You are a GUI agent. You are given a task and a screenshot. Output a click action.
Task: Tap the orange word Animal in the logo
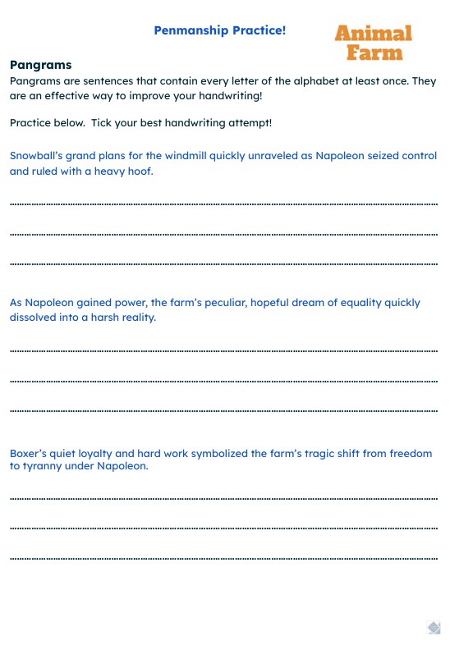tap(373, 34)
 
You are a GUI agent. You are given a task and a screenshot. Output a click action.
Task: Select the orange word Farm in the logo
tap(374, 53)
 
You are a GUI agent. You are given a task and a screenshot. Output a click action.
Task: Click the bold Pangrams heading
tap(41, 65)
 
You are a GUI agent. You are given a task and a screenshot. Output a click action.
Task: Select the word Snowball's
tap(38, 155)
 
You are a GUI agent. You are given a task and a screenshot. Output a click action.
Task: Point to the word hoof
tap(140, 172)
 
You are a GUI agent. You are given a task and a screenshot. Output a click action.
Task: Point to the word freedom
tap(411, 453)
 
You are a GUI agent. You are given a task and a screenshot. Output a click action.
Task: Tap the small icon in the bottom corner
tap(434, 628)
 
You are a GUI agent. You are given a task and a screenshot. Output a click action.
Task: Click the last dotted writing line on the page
tap(223, 559)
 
